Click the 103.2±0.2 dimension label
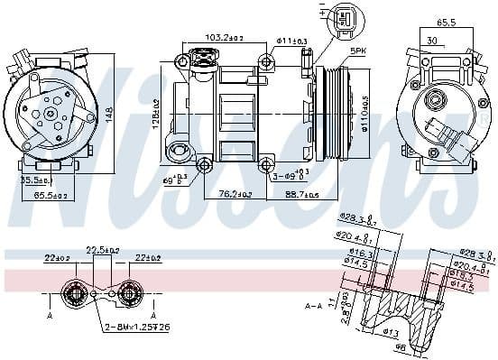pyautogui.click(x=223, y=39)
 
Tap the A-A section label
pyautogui.click(x=313, y=307)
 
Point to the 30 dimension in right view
pyautogui.click(x=432, y=40)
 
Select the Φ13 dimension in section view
pyautogui.click(x=390, y=332)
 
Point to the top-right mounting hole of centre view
pyautogui.click(x=266, y=61)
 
